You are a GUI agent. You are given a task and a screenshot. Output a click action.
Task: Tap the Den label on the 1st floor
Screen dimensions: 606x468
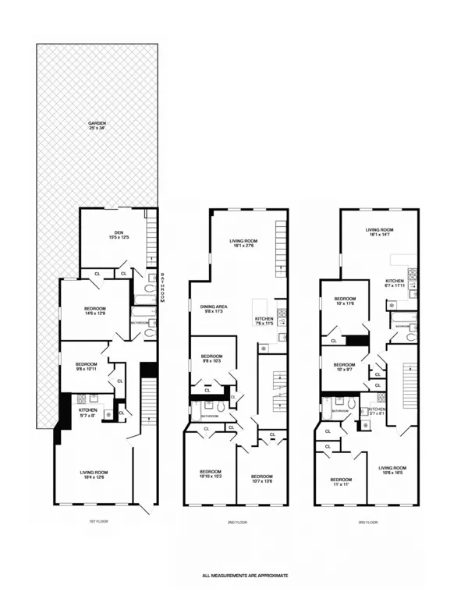pyautogui.click(x=119, y=235)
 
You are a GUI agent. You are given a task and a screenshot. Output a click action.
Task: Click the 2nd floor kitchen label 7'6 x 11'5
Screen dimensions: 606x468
pyautogui.click(x=265, y=321)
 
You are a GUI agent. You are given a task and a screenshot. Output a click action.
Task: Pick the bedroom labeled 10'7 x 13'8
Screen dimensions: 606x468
pyautogui.click(x=261, y=478)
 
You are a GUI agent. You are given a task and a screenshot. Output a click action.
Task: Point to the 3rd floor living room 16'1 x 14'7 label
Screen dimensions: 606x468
pyautogui.click(x=379, y=232)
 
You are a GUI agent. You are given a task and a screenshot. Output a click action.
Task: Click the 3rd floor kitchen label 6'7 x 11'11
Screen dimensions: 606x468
pyautogui.click(x=395, y=283)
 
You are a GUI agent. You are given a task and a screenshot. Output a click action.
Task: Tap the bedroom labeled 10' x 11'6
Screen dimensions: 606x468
pyautogui.click(x=345, y=301)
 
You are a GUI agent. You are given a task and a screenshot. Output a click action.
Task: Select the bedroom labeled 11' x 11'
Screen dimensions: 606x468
pyautogui.click(x=341, y=481)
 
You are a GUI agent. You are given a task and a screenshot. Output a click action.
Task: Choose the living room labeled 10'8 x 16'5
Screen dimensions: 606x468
pyautogui.click(x=394, y=470)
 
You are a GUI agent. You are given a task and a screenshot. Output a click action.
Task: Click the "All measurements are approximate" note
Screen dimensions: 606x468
pyautogui.click(x=245, y=575)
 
